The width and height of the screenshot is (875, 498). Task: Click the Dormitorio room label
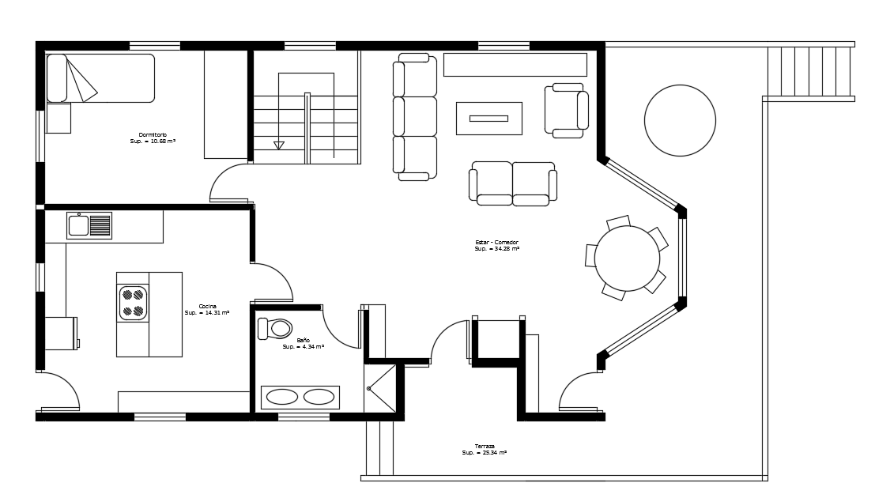pos(153,138)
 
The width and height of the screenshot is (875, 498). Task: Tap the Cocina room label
pos(207,309)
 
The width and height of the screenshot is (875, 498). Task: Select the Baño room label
pos(303,343)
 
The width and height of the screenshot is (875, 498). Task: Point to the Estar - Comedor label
pos(496,245)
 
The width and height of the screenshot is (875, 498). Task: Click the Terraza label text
pos(485,449)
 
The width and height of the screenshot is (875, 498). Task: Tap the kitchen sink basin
pos(79,225)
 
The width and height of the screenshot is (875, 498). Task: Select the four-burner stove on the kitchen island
pos(133,303)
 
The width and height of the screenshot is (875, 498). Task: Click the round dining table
pos(627,258)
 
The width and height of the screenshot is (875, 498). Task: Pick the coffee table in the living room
pos(488,119)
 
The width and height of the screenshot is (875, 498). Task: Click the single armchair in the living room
pos(566,110)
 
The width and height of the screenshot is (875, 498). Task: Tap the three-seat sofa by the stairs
pos(415,117)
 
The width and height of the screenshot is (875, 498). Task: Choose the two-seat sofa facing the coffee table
pos(513,183)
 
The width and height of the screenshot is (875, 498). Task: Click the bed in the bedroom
pos(100,78)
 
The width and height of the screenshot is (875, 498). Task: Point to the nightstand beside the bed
pos(58,119)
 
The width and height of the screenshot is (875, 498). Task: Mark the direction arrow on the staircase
pos(278,145)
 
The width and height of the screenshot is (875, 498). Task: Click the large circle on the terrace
pos(680,120)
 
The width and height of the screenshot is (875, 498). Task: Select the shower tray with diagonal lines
pos(380,388)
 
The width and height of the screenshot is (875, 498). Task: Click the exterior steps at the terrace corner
pos(809,72)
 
